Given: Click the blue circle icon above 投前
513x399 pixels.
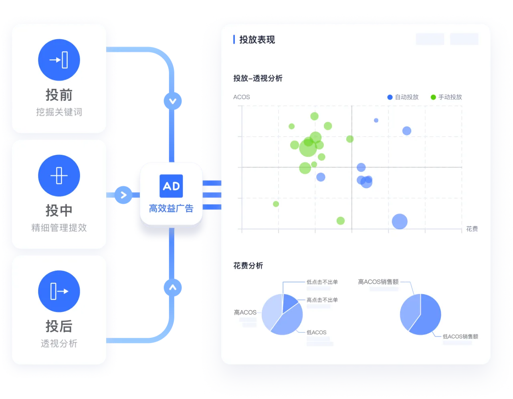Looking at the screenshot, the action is click(59, 60).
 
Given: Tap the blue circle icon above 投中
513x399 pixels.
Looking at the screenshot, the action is click(59, 176).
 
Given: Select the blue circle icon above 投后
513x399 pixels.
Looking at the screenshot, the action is click(59, 291).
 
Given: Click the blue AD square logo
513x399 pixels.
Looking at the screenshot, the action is click(171, 186).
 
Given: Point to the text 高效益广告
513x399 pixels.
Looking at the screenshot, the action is click(171, 209).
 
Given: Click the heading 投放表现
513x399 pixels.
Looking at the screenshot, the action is click(257, 40).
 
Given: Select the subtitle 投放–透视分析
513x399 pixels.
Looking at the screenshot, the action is click(258, 78).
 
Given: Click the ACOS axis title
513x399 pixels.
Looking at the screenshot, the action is click(242, 97).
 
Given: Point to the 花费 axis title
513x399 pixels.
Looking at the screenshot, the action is click(472, 229).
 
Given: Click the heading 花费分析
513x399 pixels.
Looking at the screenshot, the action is click(248, 266).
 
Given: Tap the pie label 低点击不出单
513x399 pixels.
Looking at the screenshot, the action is click(322, 282).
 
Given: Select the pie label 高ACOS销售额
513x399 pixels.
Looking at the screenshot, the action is click(378, 282).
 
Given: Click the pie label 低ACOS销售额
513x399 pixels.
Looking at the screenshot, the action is click(460, 337).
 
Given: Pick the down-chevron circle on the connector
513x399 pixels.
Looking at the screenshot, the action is click(173, 101).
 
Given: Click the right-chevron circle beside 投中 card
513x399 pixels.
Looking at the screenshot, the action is click(123, 195).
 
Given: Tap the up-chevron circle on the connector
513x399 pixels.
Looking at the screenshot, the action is click(173, 287).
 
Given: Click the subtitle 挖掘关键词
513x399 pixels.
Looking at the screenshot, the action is click(59, 112).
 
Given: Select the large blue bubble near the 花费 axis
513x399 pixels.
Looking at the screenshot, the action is click(400, 222).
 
